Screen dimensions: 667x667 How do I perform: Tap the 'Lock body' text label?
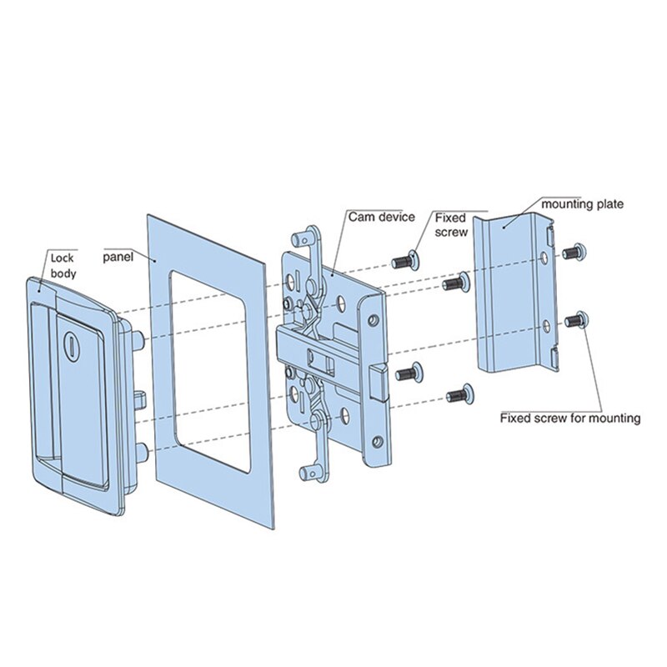(x=63, y=265)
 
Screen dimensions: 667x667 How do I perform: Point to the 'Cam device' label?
(x=381, y=217)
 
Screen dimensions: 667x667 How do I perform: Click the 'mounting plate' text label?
(x=582, y=203)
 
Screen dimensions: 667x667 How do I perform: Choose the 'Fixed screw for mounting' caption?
(x=569, y=418)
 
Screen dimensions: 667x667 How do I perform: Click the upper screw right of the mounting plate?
(x=572, y=251)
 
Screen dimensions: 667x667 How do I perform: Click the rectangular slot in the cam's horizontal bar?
(x=319, y=359)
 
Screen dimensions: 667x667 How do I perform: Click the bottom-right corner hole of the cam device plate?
(x=377, y=439)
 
